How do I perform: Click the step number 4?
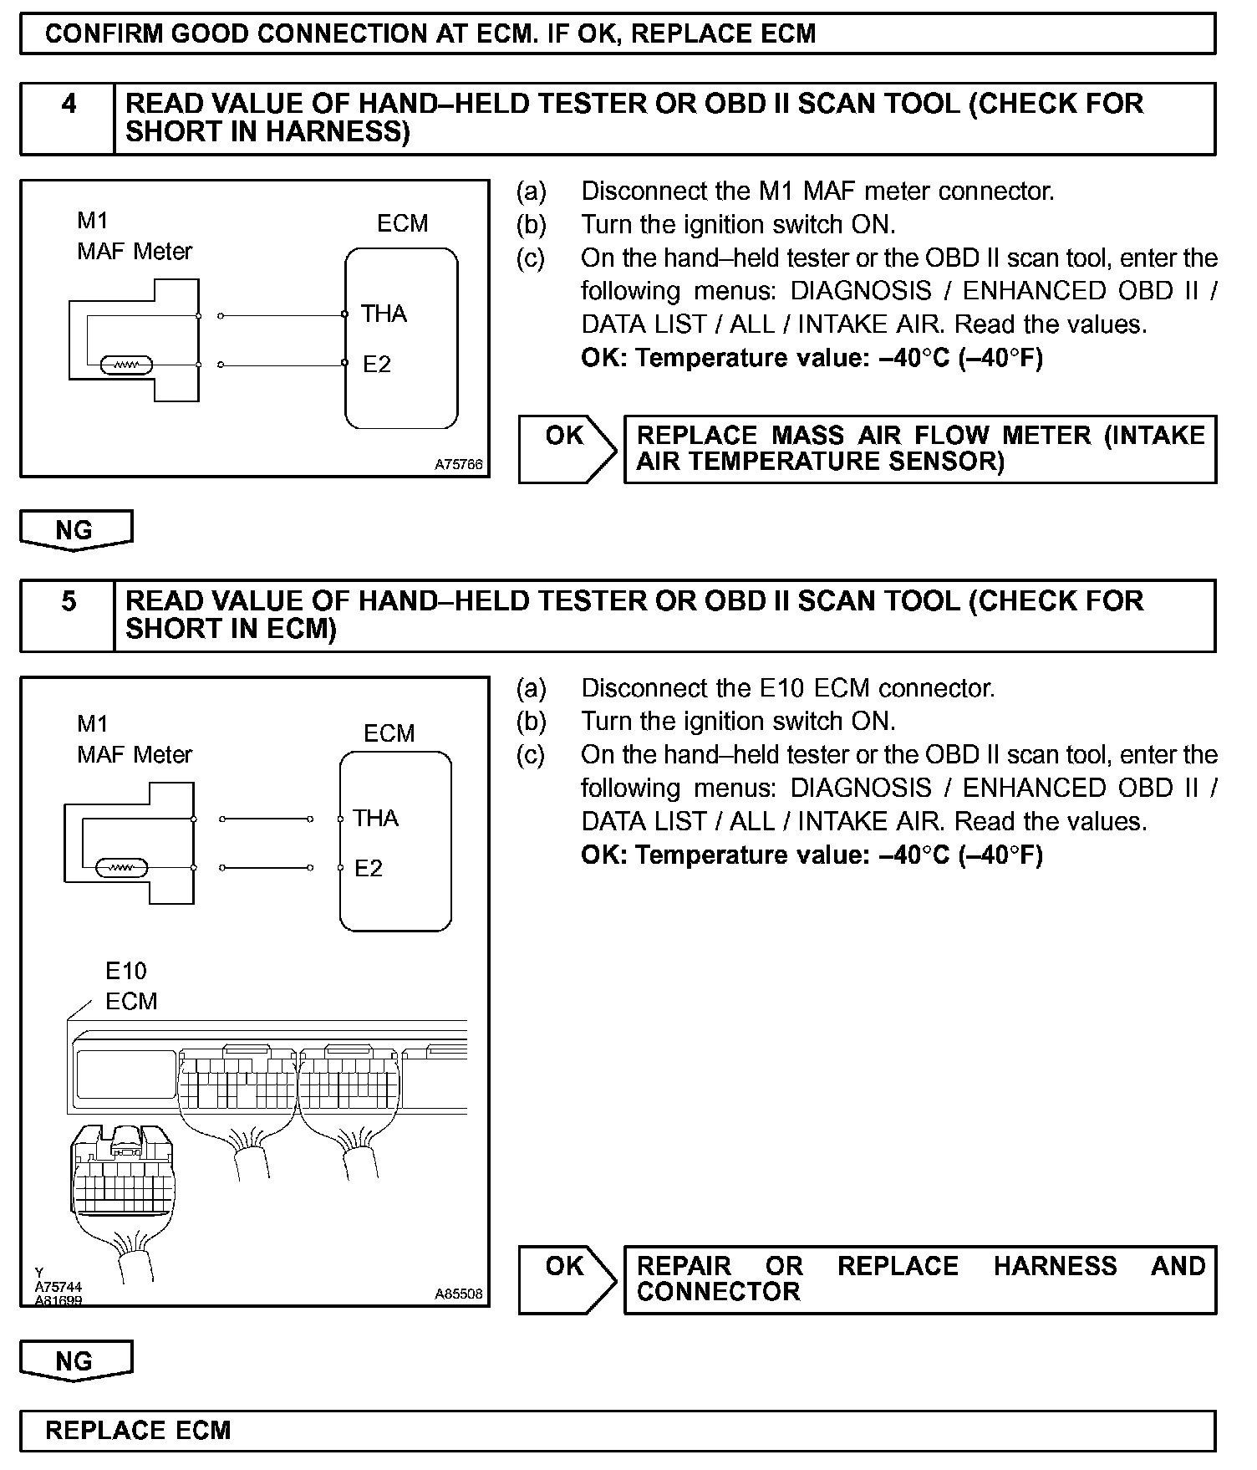[x=69, y=104]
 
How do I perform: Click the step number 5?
[x=69, y=601]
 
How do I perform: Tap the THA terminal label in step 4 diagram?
[x=384, y=314]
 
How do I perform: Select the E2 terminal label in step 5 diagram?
[x=369, y=868]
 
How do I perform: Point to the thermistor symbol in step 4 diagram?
[x=125, y=365]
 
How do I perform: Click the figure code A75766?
[x=458, y=464]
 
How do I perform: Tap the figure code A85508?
[x=458, y=1294]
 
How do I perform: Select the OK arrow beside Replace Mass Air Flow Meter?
[x=567, y=448]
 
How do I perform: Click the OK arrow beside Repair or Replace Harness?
[x=567, y=1279]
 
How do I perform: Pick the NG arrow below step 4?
[x=75, y=530]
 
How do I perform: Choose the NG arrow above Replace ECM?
[x=75, y=1360]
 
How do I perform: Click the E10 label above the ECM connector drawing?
[x=125, y=971]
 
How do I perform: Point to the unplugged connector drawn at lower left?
[x=122, y=1179]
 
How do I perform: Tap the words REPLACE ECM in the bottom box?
[x=138, y=1430]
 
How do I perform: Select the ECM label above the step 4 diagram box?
[x=402, y=223]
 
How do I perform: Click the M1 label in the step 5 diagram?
[x=93, y=724]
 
